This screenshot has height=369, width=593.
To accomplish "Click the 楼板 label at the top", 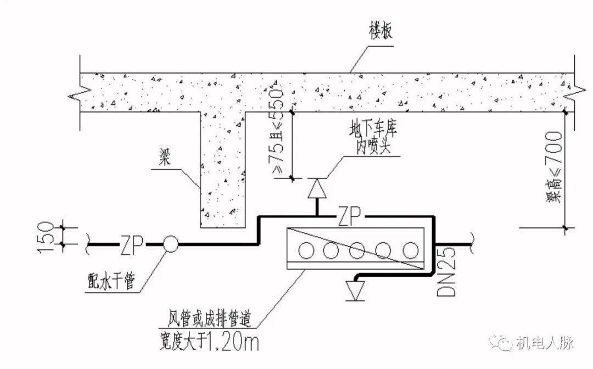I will (x=380, y=31).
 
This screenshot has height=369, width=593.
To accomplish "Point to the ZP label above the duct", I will (x=350, y=215).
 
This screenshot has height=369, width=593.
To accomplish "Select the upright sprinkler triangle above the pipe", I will (x=317, y=189).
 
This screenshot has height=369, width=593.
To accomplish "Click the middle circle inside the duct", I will (x=357, y=250).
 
